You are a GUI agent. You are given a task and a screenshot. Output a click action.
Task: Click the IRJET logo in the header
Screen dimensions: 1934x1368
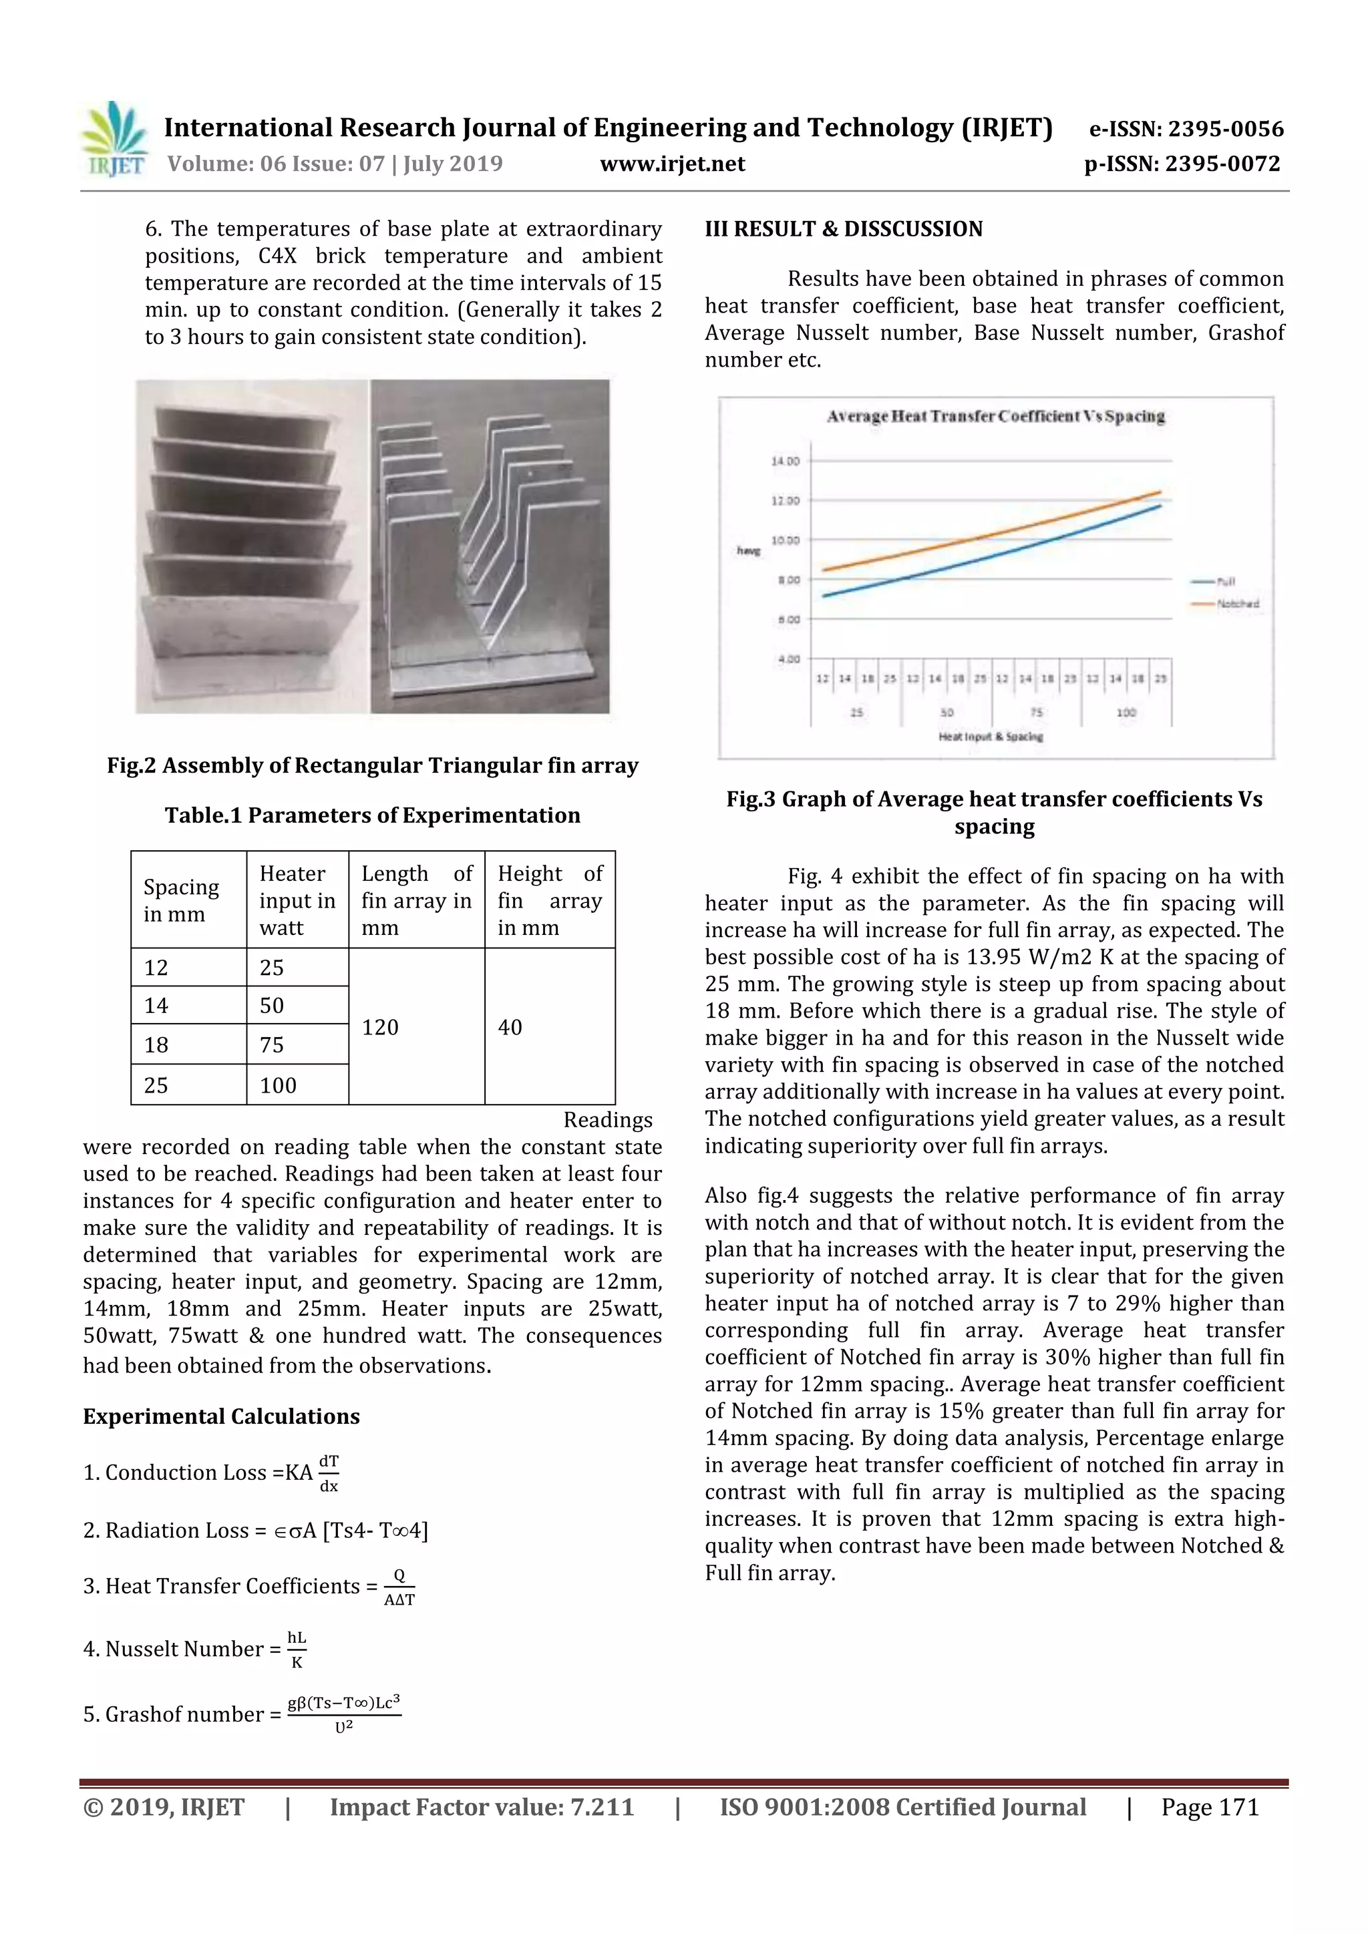tap(114, 140)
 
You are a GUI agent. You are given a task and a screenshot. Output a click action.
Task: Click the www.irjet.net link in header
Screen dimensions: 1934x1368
tap(672, 164)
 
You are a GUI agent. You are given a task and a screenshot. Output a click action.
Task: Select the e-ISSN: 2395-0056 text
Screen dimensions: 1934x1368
tap(1186, 129)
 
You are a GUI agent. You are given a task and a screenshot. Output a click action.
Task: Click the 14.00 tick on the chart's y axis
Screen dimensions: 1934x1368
tap(784, 461)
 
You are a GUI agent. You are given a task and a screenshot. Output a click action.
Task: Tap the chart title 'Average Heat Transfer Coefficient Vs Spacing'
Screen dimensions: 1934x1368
tap(996, 416)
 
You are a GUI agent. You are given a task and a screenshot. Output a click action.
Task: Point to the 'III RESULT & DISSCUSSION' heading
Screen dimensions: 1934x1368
tap(843, 229)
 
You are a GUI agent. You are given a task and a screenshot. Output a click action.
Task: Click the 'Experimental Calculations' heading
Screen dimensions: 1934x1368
tap(220, 1416)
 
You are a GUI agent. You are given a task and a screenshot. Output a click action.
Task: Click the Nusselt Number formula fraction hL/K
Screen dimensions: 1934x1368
tap(297, 1650)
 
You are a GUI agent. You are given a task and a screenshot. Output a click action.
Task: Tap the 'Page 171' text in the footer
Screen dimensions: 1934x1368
tap(1210, 1807)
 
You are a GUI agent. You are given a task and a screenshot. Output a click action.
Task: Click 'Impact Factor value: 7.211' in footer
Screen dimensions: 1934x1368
tap(481, 1807)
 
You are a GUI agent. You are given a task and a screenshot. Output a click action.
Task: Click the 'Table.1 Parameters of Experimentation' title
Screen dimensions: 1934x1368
tap(372, 815)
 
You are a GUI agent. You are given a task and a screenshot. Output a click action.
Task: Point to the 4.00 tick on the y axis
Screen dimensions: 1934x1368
tap(788, 658)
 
